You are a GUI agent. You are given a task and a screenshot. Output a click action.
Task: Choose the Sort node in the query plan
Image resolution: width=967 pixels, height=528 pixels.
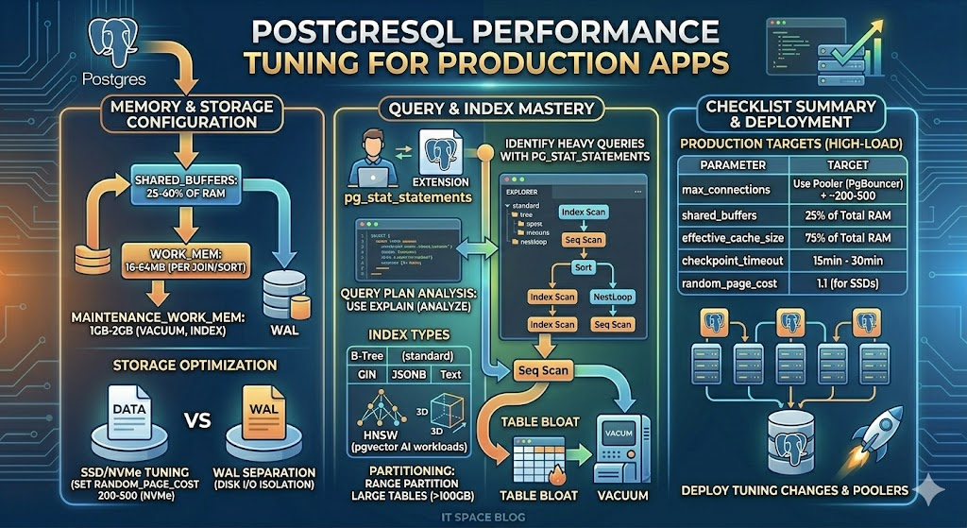[583, 267]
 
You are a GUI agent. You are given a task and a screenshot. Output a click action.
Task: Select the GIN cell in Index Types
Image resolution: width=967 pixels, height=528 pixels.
[359, 375]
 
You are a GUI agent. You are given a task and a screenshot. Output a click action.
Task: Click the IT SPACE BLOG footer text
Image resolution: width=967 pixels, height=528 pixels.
[483, 517]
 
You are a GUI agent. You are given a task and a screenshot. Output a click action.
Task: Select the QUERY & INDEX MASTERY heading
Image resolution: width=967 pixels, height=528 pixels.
[484, 109]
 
